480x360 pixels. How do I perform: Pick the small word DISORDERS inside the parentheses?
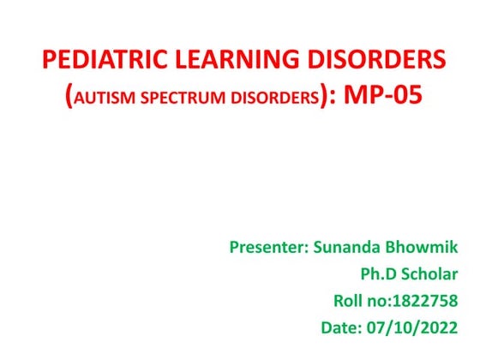point(273,98)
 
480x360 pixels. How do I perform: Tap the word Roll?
point(346,301)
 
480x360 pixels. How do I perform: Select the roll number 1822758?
point(426,301)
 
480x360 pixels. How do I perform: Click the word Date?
point(339,327)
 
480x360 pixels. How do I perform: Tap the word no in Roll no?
point(375,301)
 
